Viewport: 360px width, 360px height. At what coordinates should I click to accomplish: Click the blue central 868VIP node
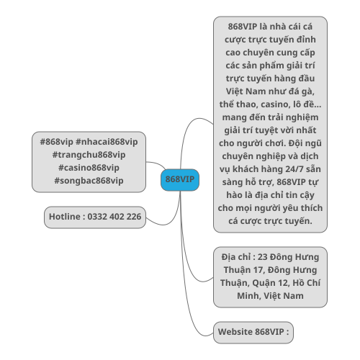coord(180,180)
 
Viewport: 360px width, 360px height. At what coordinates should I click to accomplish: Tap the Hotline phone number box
coord(95,217)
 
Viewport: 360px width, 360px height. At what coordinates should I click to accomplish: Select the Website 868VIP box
coord(253,333)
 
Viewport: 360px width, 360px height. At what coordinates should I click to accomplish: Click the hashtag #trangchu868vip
coord(89,155)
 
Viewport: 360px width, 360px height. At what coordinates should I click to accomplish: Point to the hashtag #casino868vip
coord(89,168)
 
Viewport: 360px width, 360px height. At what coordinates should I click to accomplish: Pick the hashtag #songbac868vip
coord(89,181)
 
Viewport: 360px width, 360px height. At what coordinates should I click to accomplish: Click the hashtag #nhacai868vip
coord(107,142)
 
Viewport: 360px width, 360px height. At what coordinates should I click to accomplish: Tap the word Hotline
coord(65,217)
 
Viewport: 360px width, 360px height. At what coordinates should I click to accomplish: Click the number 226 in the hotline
coord(134,217)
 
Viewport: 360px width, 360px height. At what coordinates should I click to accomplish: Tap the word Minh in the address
coord(248,296)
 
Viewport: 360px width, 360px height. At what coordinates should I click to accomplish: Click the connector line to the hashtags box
coord(156,164)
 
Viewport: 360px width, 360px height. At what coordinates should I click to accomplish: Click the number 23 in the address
coord(262,257)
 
